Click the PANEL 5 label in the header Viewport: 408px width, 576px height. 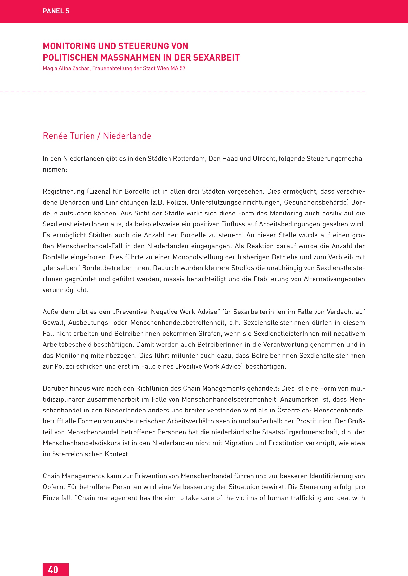tap(56, 11)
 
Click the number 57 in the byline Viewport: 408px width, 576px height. tap(182, 68)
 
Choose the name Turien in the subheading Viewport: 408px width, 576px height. tap(82, 136)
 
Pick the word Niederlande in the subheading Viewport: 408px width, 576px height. tap(127, 136)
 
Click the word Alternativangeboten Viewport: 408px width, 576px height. tap(334, 279)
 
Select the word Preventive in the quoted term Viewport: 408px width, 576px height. tap(131, 312)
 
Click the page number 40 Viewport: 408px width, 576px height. tap(53, 570)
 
